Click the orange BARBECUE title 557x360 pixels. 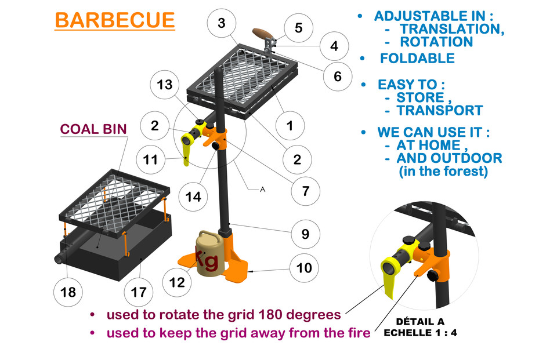click(x=115, y=20)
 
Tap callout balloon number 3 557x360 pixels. click(x=222, y=23)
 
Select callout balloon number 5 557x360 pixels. click(x=299, y=28)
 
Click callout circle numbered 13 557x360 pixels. click(x=164, y=85)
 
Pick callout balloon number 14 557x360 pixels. click(x=193, y=197)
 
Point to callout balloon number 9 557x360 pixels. click(x=306, y=234)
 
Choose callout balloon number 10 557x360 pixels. click(x=304, y=268)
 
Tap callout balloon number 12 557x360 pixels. click(x=177, y=282)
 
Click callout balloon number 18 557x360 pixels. click(x=68, y=292)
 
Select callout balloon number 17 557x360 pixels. click(x=139, y=292)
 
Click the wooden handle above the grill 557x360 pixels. click(x=263, y=34)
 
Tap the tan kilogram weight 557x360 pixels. click(x=210, y=253)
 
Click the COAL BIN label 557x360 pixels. click(x=93, y=129)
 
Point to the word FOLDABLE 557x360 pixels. click(x=417, y=58)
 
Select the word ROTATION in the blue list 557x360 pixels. click(x=436, y=42)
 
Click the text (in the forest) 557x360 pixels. click(x=443, y=171)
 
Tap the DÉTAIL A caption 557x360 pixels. click(x=420, y=322)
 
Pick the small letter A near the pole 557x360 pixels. click(x=262, y=190)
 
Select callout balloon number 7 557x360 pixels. click(x=306, y=191)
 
